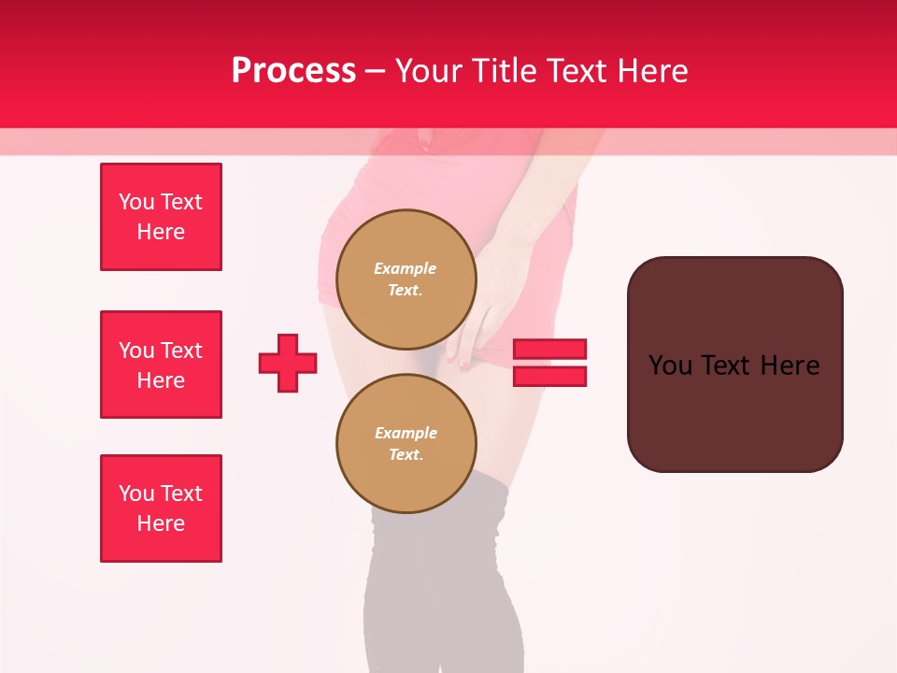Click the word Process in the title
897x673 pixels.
tap(293, 71)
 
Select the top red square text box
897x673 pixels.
tap(161, 217)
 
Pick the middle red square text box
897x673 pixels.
tap(161, 365)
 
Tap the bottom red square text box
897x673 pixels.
tap(161, 508)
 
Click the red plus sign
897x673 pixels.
tap(288, 364)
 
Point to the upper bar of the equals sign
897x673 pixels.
tap(549, 349)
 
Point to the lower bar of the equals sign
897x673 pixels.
tap(549, 376)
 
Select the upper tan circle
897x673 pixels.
tap(406, 279)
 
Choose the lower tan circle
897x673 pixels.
tap(406, 444)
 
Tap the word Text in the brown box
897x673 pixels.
tap(734, 365)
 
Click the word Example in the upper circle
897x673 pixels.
tap(406, 268)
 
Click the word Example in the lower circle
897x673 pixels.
tap(406, 433)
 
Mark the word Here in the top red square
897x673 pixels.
tap(161, 232)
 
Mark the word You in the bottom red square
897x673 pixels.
tap(136, 494)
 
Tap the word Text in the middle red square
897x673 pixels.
tap(181, 351)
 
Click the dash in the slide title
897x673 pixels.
tap(376, 71)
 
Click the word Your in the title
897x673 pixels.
tap(427, 71)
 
